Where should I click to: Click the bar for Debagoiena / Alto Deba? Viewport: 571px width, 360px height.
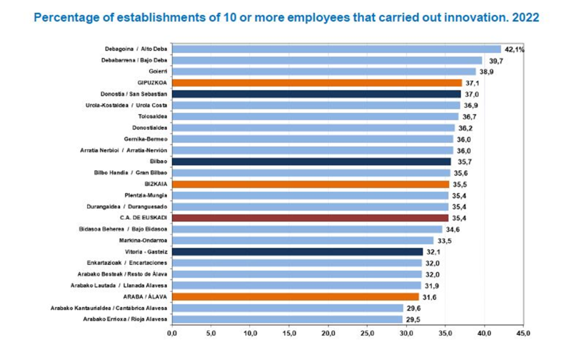[x=335, y=49]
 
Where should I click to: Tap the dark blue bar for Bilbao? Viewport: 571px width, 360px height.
[x=311, y=161]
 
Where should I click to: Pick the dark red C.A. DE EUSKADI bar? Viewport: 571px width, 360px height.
[x=310, y=217]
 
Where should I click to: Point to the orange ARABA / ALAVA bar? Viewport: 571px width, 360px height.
[x=295, y=296]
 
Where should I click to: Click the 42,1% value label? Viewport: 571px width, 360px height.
[x=515, y=49]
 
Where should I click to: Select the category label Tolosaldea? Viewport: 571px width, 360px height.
[x=152, y=116]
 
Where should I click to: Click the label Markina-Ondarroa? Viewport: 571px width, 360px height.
[x=143, y=240]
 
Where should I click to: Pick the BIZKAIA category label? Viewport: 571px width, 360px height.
[x=155, y=184]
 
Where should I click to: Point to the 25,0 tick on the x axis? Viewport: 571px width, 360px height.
[x=367, y=333]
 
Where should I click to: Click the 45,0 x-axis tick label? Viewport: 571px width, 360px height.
[x=523, y=333]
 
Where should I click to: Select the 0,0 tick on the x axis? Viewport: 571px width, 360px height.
[x=172, y=333]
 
